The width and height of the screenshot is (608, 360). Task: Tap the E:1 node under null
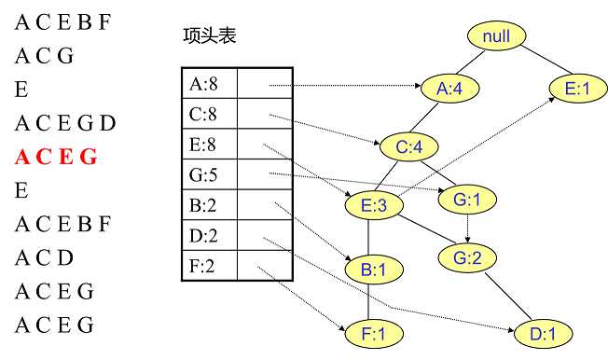click(x=572, y=89)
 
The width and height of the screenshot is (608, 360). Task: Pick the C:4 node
click(x=408, y=146)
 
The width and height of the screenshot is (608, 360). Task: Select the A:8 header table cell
click(x=208, y=85)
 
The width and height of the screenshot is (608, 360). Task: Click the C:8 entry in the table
click(x=208, y=115)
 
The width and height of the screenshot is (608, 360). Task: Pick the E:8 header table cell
click(x=208, y=145)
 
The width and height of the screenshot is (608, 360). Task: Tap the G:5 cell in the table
click(x=208, y=174)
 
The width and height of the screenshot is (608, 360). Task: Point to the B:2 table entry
click(x=208, y=205)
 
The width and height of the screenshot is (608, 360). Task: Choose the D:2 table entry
click(x=208, y=236)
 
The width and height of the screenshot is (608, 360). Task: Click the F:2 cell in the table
click(x=208, y=267)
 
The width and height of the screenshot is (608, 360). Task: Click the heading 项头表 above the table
click(x=210, y=36)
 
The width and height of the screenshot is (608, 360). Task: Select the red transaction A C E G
click(x=56, y=157)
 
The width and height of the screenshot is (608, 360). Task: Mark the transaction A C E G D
click(x=65, y=122)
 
